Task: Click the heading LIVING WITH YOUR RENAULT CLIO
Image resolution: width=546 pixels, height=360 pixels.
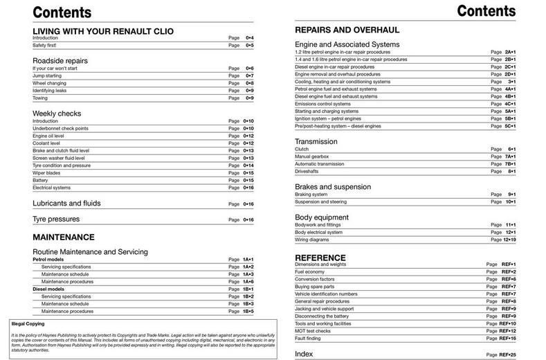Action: click(x=103, y=31)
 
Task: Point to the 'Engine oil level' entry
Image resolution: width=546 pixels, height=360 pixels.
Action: click(x=51, y=136)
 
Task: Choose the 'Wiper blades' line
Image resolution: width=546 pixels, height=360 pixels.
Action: click(x=47, y=172)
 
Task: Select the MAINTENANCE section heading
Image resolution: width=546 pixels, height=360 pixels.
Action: click(x=64, y=237)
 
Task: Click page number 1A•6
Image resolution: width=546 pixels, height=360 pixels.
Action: click(x=248, y=281)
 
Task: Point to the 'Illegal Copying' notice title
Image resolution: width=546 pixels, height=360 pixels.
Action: click(x=28, y=323)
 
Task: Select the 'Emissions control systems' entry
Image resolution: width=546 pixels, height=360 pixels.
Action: click(x=327, y=104)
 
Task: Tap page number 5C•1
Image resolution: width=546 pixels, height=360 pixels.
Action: click(x=509, y=126)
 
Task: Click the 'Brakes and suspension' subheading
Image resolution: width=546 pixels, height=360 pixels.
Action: click(x=333, y=187)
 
